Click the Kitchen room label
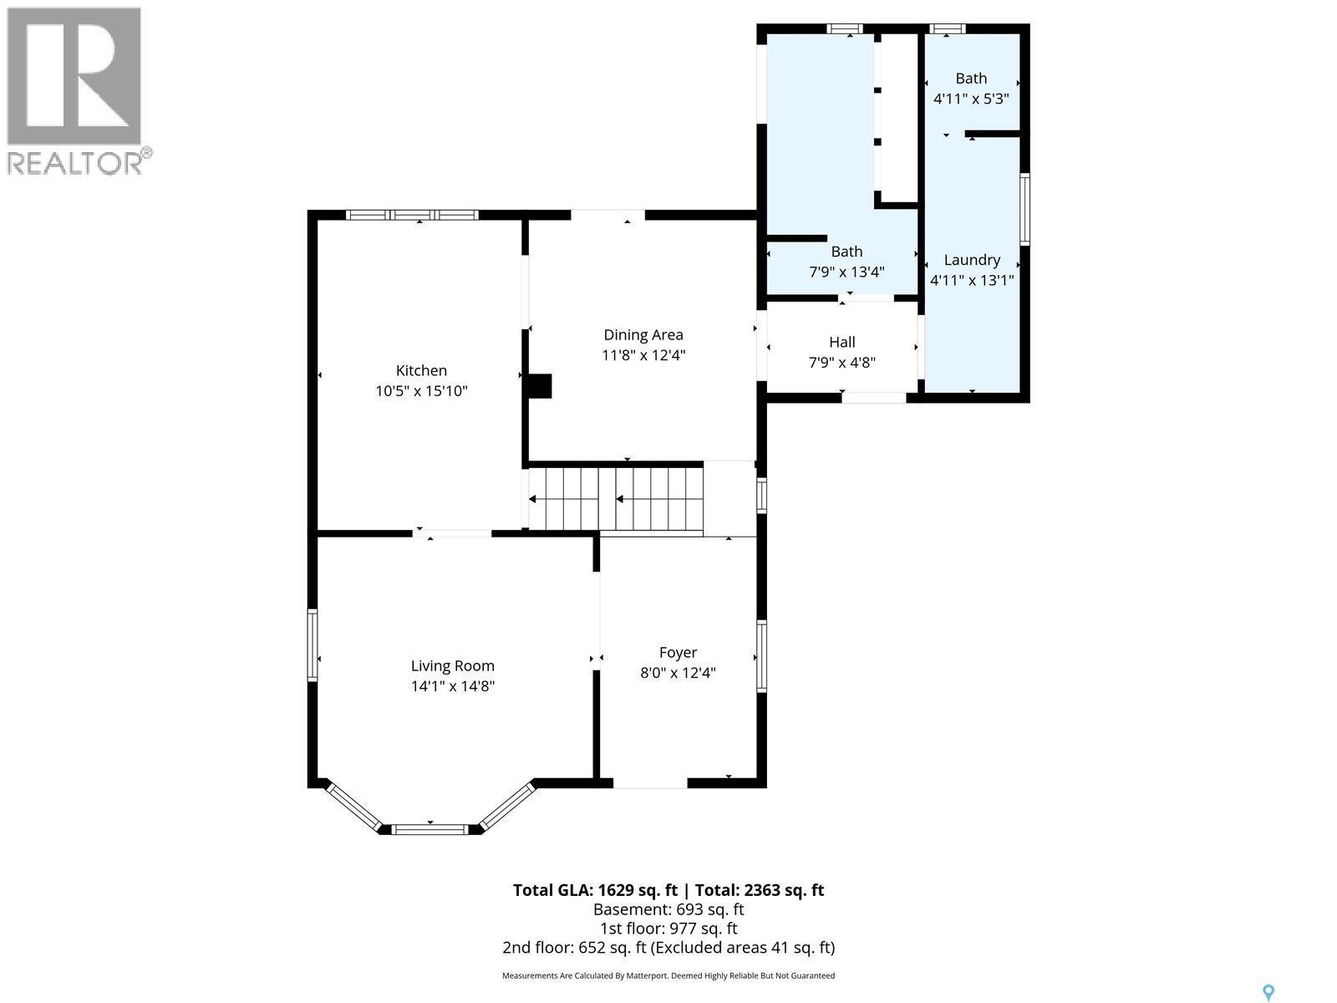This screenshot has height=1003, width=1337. click(421, 370)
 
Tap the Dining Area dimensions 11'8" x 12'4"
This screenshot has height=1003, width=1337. click(643, 355)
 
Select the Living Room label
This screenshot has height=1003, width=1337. click(452, 666)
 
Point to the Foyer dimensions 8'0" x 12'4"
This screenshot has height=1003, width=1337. click(678, 673)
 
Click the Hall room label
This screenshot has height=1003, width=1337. click(841, 342)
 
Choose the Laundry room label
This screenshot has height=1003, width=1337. click(972, 260)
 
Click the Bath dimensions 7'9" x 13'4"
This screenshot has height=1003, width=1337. click(846, 272)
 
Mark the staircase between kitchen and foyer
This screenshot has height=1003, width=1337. click(615, 499)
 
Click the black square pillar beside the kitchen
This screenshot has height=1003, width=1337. click(540, 386)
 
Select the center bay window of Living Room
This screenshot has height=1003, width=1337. click(430, 829)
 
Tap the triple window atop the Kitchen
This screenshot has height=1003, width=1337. click(412, 215)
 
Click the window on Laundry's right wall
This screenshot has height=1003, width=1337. click(1024, 209)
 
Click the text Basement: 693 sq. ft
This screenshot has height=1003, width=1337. click(668, 909)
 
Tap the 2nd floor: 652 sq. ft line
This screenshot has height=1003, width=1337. click(668, 948)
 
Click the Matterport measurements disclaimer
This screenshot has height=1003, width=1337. click(668, 975)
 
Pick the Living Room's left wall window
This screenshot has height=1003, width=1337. click(313, 645)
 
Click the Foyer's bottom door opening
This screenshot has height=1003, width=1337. click(650, 783)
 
